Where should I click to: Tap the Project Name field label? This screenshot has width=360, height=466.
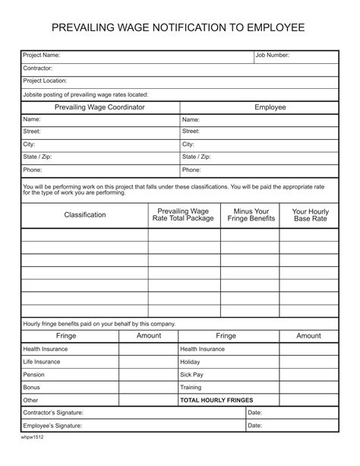pyautogui.click(x=42, y=55)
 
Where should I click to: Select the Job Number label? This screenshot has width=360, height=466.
pyautogui.click(x=272, y=55)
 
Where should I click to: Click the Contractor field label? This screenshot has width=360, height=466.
pyautogui.click(x=38, y=68)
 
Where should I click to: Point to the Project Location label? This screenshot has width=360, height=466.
pyautogui.click(x=46, y=81)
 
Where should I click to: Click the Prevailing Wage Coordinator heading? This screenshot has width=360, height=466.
pyautogui.click(x=99, y=107)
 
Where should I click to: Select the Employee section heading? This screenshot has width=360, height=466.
pyautogui.click(x=270, y=107)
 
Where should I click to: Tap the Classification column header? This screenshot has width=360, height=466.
pyautogui.click(x=85, y=215)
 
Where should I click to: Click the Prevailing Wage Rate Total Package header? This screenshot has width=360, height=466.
pyautogui.click(x=183, y=215)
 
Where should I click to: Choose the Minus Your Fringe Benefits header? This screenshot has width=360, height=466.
pyautogui.click(x=251, y=215)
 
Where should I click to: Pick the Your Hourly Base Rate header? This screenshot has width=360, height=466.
pyautogui.click(x=310, y=215)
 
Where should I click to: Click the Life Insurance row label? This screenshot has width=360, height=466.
pyautogui.click(x=43, y=362)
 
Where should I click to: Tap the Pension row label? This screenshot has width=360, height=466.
pyautogui.click(x=34, y=375)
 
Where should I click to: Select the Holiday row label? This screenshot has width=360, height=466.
pyautogui.click(x=190, y=362)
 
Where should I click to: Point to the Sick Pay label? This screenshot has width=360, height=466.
pyautogui.click(x=191, y=375)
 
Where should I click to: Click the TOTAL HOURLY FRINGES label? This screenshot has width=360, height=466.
pyautogui.click(x=216, y=400)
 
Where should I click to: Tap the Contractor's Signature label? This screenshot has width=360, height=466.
pyautogui.click(x=53, y=413)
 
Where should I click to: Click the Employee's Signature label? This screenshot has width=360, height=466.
pyautogui.click(x=52, y=426)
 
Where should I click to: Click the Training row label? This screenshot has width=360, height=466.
pyautogui.click(x=191, y=387)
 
